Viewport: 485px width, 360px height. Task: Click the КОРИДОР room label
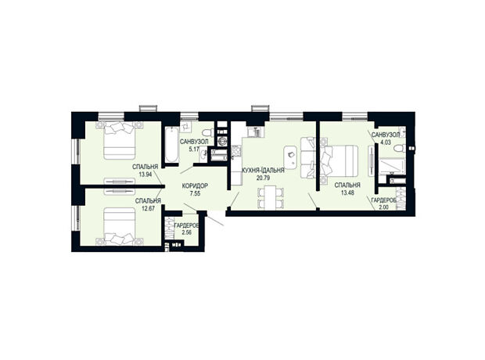(x=195, y=186)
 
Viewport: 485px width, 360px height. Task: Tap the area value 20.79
(x=263, y=178)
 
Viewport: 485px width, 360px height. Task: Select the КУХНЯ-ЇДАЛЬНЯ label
(x=263, y=171)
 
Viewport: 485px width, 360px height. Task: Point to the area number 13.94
(x=145, y=175)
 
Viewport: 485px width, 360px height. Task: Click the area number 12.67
(x=148, y=208)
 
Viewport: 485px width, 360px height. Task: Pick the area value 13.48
(x=347, y=193)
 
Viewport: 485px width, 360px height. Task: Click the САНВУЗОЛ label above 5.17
(x=194, y=142)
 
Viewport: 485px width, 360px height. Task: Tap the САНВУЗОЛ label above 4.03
(x=386, y=135)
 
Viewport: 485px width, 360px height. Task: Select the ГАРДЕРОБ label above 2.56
(x=186, y=225)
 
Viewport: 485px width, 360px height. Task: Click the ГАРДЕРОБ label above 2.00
(x=384, y=200)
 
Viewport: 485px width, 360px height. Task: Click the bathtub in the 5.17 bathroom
(x=171, y=144)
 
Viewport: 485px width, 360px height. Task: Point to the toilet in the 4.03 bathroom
(x=400, y=149)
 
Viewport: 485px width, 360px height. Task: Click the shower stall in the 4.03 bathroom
(x=392, y=167)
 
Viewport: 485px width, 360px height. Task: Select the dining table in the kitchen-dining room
(x=271, y=197)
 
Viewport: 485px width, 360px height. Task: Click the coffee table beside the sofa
(x=291, y=157)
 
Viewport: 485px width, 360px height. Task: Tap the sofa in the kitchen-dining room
(x=307, y=157)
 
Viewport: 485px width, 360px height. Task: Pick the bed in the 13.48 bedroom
(x=339, y=161)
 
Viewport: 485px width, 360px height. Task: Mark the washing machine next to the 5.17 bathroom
(x=222, y=141)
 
